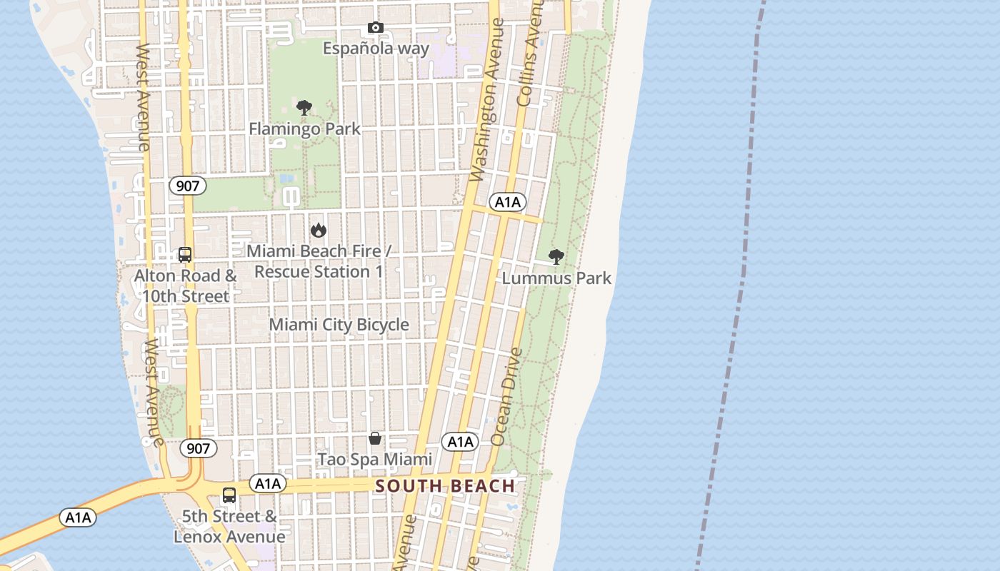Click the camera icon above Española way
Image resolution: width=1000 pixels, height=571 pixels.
pyautogui.click(x=376, y=28)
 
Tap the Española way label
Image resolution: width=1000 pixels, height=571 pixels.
pyautogui.click(x=376, y=49)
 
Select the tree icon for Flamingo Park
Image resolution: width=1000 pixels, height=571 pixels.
pyautogui.click(x=304, y=108)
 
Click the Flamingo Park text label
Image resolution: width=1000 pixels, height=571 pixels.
pyautogui.click(x=304, y=129)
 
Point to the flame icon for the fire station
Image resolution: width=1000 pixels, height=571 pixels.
pyautogui.click(x=319, y=231)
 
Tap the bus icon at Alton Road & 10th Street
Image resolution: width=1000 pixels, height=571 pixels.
pyautogui.click(x=185, y=255)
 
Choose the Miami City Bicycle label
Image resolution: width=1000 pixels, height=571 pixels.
pyautogui.click(x=339, y=325)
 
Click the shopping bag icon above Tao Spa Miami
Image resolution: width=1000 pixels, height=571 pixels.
pyautogui.click(x=375, y=438)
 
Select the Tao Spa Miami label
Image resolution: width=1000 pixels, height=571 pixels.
pyautogui.click(x=375, y=459)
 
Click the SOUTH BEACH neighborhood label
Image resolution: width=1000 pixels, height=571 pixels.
pyautogui.click(x=445, y=486)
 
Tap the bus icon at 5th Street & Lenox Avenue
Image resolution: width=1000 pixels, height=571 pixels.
pyautogui.click(x=229, y=495)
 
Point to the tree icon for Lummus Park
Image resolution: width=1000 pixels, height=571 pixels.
pyautogui.click(x=556, y=258)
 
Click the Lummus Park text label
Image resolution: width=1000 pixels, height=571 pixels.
pyautogui.click(x=556, y=278)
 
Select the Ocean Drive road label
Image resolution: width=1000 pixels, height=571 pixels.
pyautogui.click(x=507, y=397)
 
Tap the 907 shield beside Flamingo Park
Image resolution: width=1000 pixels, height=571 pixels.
pyautogui.click(x=187, y=186)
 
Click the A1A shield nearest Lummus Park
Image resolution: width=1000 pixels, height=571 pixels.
pyautogui.click(x=508, y=202)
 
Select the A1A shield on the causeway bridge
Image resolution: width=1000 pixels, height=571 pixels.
pyautogui.click(x=77, y=517)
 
